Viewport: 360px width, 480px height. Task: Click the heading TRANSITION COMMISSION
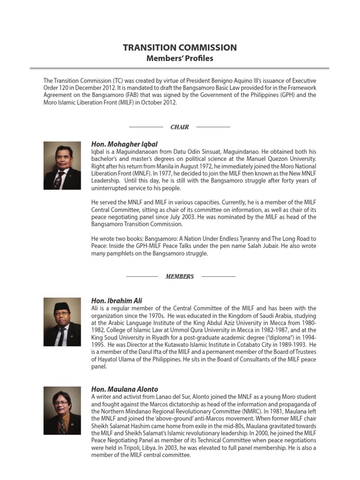(x=180, y=48)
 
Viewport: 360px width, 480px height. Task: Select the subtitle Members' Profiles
(x=180, y=59)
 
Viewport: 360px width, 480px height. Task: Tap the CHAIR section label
(x=180, y=127)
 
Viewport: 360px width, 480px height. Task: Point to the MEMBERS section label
(x=180, y=277)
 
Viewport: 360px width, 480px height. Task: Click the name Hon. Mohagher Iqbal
(x=124, y=144)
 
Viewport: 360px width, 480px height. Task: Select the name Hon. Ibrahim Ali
(x=117, y=300)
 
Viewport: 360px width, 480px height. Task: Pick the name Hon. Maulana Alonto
(x=125, y=389)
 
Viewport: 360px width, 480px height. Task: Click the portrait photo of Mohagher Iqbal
(x=62, y=165)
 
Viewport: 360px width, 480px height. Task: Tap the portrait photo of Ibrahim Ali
(x=62, y=322)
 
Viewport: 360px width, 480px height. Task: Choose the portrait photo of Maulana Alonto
(x=62, y=410)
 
